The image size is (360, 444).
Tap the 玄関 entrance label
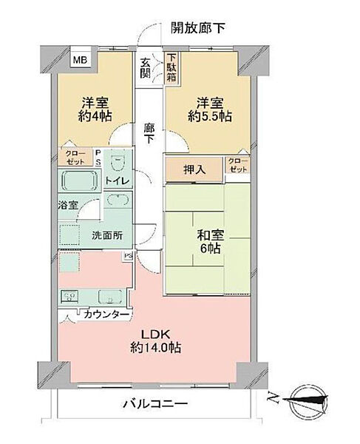[146, 68]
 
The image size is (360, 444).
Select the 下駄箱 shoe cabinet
[171, 67]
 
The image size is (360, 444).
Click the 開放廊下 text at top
[197, 28]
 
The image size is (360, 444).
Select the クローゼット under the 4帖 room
[72, 158]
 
